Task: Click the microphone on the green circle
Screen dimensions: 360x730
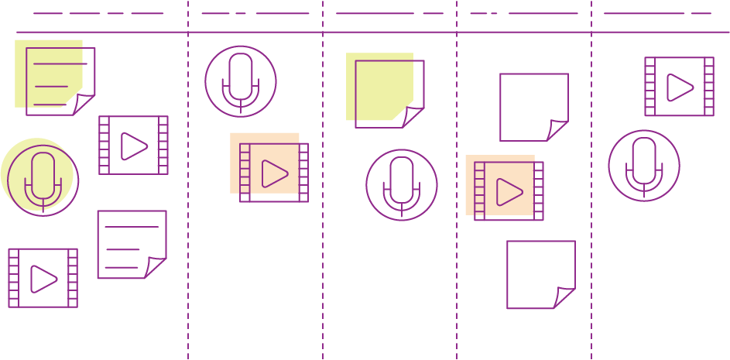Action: click(43, 179)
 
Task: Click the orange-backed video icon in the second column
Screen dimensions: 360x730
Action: click(273, 173)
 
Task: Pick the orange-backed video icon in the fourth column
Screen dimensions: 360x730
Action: click(508, 190)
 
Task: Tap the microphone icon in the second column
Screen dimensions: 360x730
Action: click(241, 81)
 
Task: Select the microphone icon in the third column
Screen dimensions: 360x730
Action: click(402, 184)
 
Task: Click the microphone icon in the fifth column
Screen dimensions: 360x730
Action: click(644, 165)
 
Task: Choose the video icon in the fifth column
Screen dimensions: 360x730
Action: click(679, 86)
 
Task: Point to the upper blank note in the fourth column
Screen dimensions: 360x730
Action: click(533, 107)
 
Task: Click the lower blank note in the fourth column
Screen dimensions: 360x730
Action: click(540, 274)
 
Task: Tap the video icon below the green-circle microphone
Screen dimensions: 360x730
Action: click(43, 278)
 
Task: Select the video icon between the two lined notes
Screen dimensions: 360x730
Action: click(133, 145)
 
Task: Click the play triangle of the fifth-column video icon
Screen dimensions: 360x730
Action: click(680, 87)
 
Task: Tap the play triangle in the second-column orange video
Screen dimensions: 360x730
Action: click(274, 173)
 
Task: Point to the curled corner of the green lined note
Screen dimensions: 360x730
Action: click(84, 105)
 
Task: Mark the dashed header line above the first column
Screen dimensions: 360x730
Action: click(98, 13)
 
